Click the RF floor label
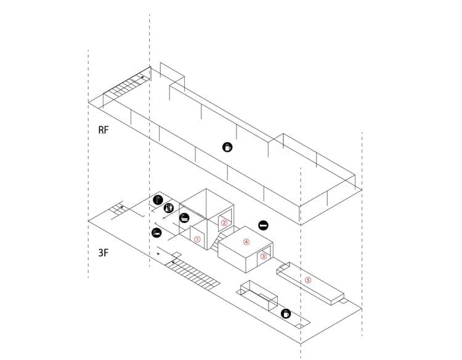(103, 129)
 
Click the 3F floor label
(103, 253)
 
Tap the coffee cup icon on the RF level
(227, 147)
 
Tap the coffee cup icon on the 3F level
(285, 314)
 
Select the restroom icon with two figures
(169, 208)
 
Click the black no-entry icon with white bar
(263, 226)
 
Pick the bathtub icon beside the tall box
(184, 218)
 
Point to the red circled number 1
(197, 239)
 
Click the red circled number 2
(224, 223)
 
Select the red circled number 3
(264, 256)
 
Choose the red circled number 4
(246, 242)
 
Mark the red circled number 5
(308, 280)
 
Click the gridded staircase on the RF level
(126, 85)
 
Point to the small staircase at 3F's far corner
(117, 210)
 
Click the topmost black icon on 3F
(158, 200)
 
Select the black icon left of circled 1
(156, 232)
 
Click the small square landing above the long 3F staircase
(177, 255)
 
